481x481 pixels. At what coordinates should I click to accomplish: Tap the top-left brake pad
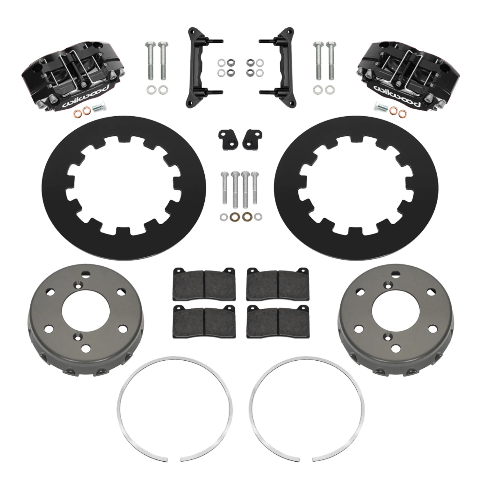coord(204,284)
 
